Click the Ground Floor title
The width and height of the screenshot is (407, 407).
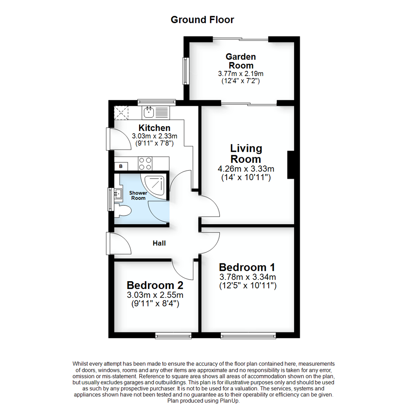coord(202,20)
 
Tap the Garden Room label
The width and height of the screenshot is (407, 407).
coord(240,61)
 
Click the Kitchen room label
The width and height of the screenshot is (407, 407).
coord(155,128)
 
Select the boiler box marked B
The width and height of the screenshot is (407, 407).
coord(121,166)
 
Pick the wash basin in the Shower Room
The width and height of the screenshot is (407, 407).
coord(118,194)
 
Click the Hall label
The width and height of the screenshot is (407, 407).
coord(159,243)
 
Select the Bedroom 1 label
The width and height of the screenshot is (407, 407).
coord(247,267)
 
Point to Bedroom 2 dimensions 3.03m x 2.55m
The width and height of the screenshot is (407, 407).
coord(155,295)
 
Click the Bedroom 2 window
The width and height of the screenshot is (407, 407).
coord(173,335)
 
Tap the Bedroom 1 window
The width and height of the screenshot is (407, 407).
coord(248,335)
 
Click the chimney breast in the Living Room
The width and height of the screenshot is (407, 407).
coord(291,165)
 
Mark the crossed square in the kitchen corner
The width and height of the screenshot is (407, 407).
coord(121,112)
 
